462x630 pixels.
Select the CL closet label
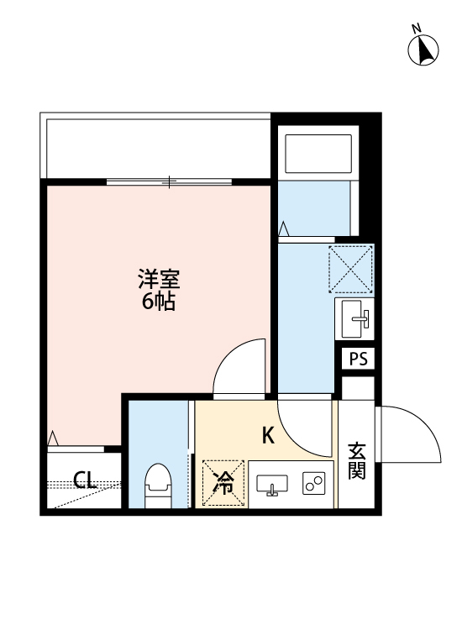coord(85,481)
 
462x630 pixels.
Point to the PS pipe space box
coord(359,359)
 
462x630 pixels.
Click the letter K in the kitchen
coord(268,436)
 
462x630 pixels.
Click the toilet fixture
coord(158,485)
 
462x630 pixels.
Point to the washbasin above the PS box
coord(356,318)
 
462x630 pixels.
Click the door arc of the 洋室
coord(239,367)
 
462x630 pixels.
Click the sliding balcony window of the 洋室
coord(170,181)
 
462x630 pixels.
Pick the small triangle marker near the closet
coord(53,438)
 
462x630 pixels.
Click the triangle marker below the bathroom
coord(284,228)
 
